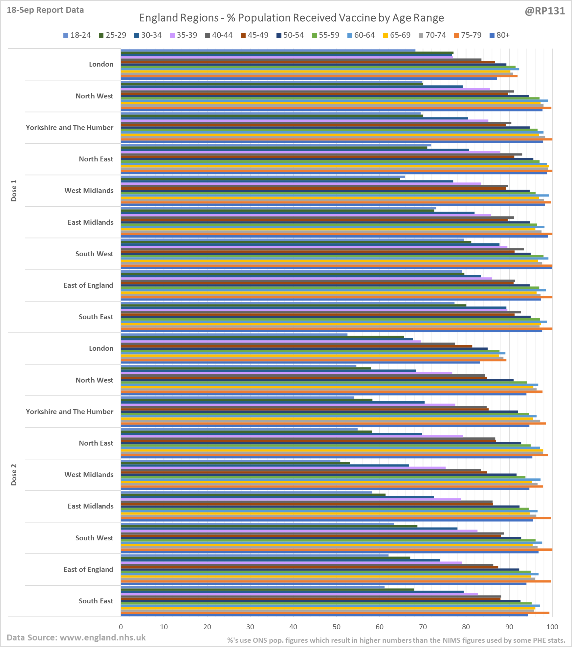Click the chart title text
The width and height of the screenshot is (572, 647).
[x=291, y=18]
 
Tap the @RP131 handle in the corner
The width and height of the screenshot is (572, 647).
[x=545, y=11]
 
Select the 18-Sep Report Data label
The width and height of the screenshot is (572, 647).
[x=45, y=10]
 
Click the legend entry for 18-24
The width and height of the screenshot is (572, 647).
[x=77, y=35]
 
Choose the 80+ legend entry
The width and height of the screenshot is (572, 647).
[x=499, y=35]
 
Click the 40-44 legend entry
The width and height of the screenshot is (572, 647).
[x=219, y=35]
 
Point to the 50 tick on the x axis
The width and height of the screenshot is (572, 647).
[x=336, y=627]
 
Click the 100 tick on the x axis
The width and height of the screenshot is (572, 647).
[x=552, y=627]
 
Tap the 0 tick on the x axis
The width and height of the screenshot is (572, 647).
[x=121, y=627]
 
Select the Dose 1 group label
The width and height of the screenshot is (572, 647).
[x=14, y=191]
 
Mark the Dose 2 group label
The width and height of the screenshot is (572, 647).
[x=14, y=474]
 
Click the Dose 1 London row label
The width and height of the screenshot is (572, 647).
[x=101, y=64]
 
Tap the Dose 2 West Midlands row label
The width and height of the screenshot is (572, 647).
[x=89, y=475]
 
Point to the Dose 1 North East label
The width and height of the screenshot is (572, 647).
[x=96, y=159]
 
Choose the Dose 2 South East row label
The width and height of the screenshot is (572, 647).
[x=96, y=601]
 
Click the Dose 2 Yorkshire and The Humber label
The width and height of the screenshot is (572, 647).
[x=70, y=412]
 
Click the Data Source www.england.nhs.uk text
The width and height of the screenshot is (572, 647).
[x=76, y=637]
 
